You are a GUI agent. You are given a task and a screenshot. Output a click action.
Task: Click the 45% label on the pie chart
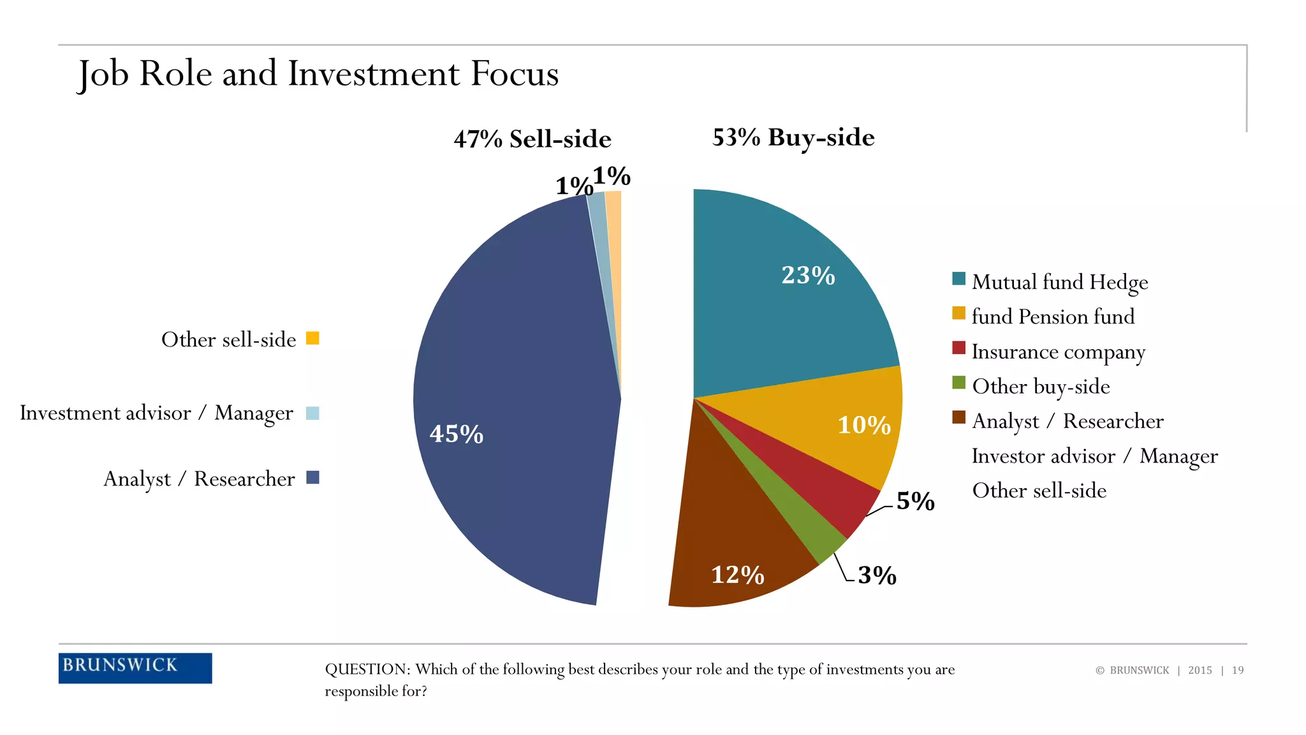(x=457, y=434)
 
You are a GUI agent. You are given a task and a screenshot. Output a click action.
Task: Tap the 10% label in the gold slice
(x=863, y=425)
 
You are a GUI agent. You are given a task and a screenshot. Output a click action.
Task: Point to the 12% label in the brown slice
(x=737, y=575)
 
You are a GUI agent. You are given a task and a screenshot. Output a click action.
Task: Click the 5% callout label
(x=915, y=501)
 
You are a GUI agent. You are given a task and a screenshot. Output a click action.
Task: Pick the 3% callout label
(x=877, y=575)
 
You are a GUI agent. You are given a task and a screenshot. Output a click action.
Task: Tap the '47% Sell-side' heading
(x=532, y=138)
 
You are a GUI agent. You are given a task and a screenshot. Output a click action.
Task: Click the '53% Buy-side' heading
(x=793, y=137)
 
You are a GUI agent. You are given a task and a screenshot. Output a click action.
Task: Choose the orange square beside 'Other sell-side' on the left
(x=312, y=338)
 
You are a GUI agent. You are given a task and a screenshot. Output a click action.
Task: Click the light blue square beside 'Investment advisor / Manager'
(x=312, y=413)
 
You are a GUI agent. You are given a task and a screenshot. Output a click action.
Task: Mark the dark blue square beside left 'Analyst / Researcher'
(x=312, y=477)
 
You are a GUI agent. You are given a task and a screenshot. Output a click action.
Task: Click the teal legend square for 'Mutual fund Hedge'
(x=958, y=279)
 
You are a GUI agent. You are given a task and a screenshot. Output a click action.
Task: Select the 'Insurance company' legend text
(x=1058, y=352)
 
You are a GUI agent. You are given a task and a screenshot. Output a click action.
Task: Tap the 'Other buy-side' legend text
(x=1041, y=387)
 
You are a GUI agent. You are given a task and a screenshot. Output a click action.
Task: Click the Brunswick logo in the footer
(x=135, y=667)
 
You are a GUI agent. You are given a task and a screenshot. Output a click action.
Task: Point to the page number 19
(x=1237, y=670)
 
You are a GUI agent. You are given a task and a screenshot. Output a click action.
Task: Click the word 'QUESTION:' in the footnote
(x=367, y=669)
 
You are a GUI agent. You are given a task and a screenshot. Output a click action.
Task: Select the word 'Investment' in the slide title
(x=374, y=73)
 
